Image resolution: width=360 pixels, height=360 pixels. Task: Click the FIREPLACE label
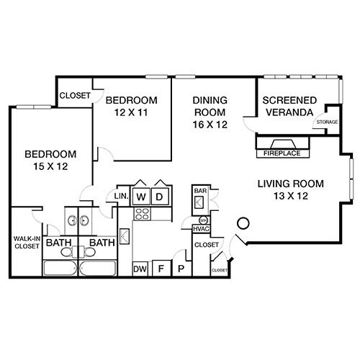click(x=282, y=152)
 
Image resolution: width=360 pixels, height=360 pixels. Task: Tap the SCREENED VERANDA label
click(x=287, y=107)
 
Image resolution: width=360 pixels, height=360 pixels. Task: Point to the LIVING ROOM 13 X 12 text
click(x=292, y=189)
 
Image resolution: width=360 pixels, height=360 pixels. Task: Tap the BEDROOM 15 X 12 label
click(x=50, y=161)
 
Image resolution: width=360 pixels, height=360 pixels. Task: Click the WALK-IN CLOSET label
click(x=26, y=243)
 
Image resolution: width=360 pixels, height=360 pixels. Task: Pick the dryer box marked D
click(x=161, y=197)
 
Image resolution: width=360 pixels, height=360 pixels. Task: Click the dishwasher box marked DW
click(x=140, y=269)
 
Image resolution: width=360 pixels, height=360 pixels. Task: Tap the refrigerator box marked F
click(x=162, y=269)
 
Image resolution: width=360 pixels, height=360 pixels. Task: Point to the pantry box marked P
click(x=181, y=269)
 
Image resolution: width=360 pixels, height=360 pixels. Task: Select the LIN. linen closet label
click(x=121, y=197)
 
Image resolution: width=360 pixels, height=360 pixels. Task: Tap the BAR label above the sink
click(x=200, y=191)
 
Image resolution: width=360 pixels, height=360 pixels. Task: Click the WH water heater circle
click(x=202, y=219)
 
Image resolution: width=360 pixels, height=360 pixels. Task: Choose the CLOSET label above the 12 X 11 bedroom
click(x=74, y=95)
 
